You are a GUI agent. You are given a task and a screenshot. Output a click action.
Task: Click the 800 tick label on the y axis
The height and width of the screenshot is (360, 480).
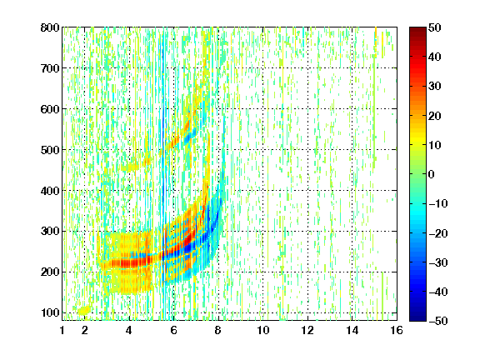click(x=50, y=27)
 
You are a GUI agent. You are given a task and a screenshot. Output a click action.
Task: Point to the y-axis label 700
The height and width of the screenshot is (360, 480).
click(x=50, y=68)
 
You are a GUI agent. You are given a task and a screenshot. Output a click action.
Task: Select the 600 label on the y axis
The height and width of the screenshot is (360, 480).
click(x=50, y=109)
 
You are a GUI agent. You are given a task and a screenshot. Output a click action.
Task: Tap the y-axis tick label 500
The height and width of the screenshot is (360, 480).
click(x=50, y=150)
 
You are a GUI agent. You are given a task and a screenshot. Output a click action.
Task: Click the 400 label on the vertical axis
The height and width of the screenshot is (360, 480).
click(x=50, y=191)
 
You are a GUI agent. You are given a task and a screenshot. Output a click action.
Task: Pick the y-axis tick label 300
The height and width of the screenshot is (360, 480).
click(x=50, y=231)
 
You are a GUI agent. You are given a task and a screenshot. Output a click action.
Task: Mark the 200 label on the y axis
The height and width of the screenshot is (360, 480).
click(x=50, y=272)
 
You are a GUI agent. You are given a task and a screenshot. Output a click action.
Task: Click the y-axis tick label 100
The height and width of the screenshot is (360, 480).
click(x=50, y=312)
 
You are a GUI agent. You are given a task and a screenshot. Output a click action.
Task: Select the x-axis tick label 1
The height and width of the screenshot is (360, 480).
click(x=62, y=330)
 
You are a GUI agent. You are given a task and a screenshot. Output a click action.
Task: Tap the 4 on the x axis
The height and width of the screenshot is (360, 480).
click(x=129, y=330)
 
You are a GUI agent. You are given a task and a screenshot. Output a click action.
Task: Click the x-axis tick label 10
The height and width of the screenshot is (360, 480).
click(x=263, y=330)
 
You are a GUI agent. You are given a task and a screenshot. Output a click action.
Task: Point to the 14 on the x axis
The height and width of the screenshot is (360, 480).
click(x=352, y=330)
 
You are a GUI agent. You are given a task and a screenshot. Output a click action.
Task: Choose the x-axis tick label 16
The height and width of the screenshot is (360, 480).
click(x=397, y=330)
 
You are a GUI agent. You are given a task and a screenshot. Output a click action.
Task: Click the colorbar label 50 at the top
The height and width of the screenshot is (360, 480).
click(x=435, y=27)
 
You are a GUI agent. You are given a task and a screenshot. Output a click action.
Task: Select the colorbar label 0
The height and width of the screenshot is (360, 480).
click(x=432, y=174)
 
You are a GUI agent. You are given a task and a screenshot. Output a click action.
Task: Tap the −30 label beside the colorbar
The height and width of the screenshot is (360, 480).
click(x=438, y=262)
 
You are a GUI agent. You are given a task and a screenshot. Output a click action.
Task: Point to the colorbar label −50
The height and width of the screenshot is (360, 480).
click(x=438, y=321)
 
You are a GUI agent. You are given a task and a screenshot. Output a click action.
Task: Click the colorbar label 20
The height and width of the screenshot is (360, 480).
click(x=435, y=116)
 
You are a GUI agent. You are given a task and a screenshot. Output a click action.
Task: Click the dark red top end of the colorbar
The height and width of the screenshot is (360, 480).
click(x=417, y=29)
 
